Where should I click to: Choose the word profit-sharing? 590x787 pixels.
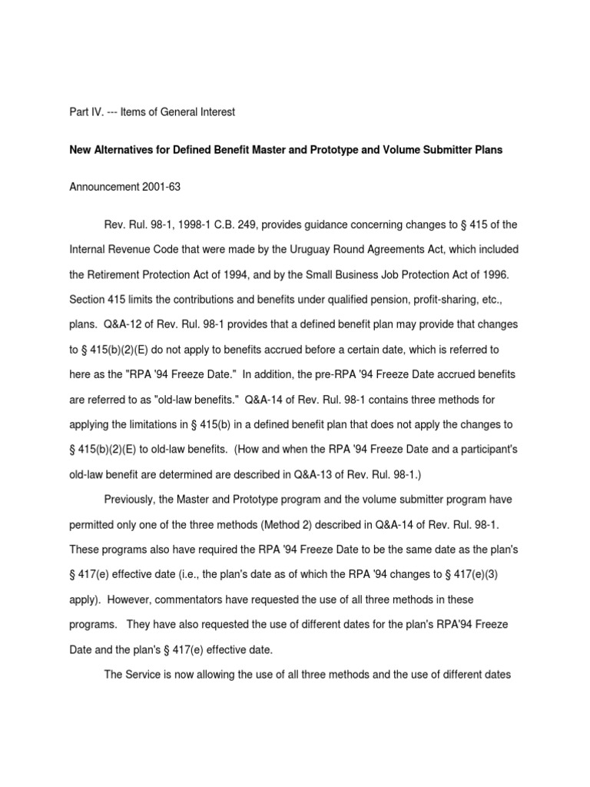pyautogui.click(x=442, y=301)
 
